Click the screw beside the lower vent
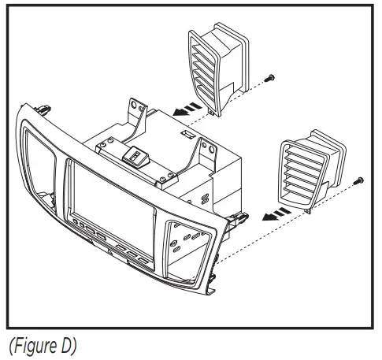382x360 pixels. point(359,180)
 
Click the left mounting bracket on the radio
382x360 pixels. point(137,114)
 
